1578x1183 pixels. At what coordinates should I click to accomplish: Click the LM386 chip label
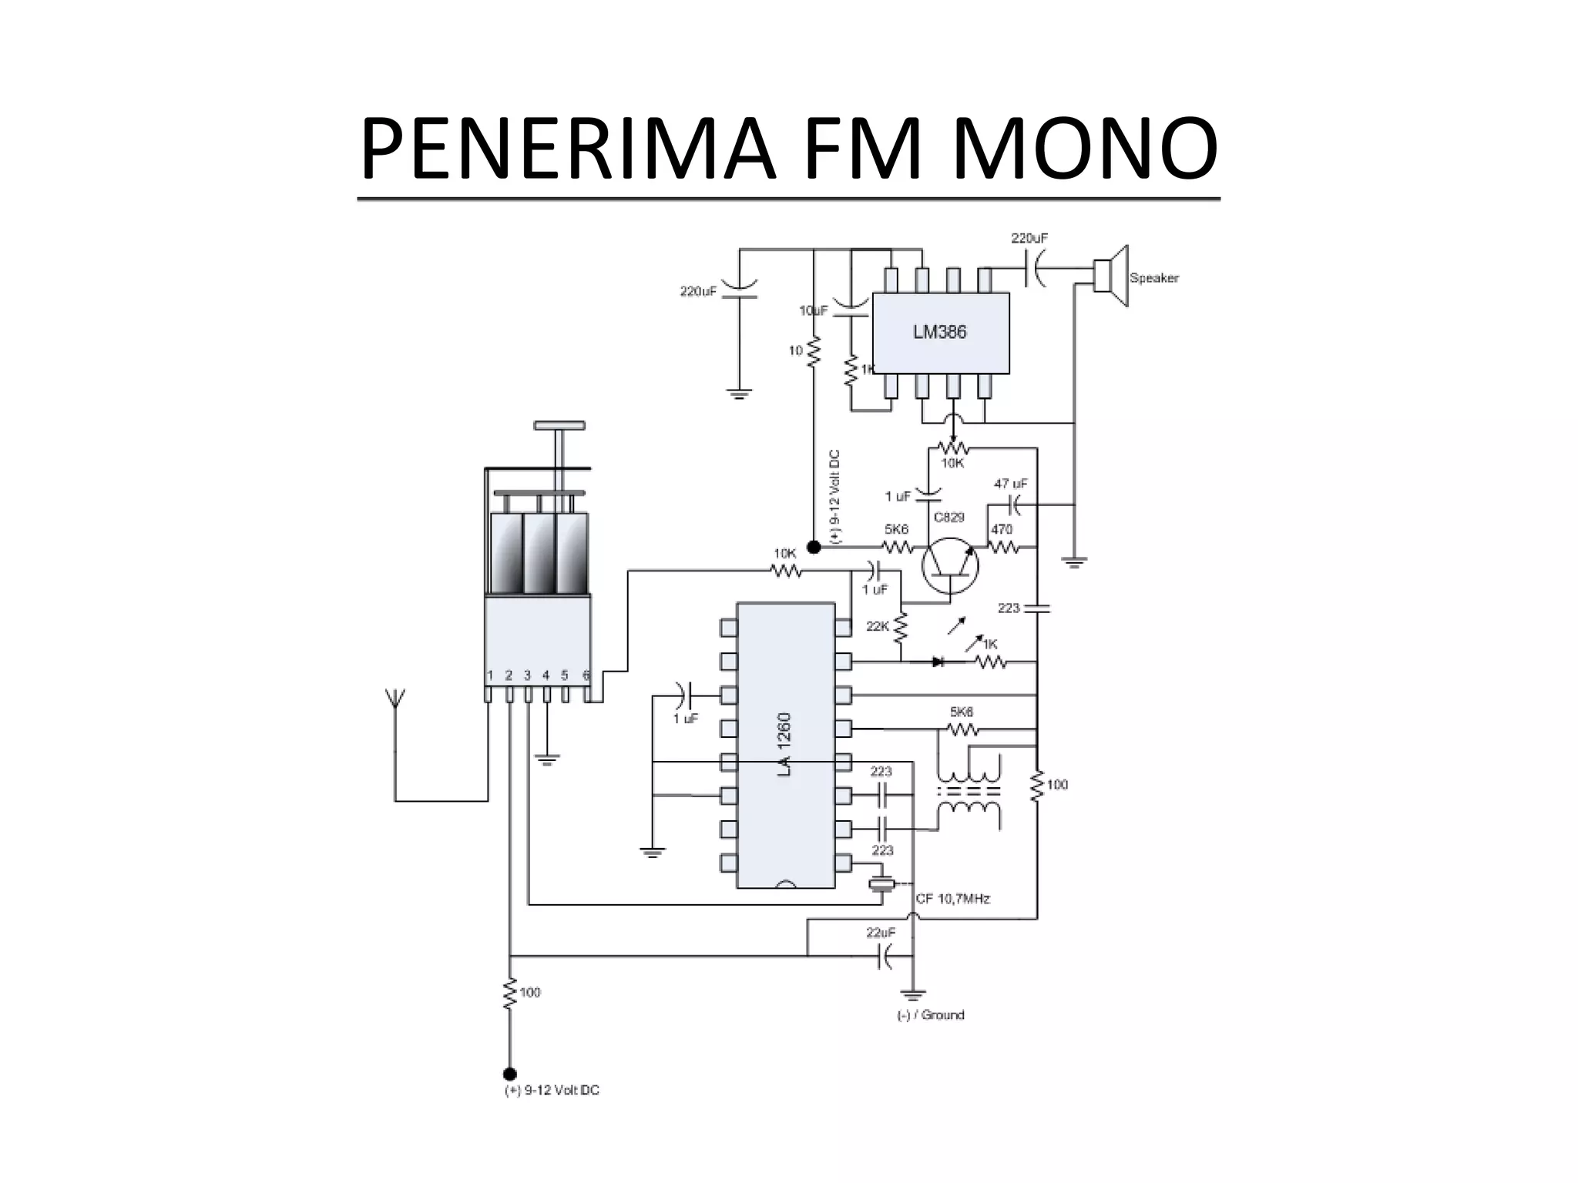pyautogui.click(x=939, y=333)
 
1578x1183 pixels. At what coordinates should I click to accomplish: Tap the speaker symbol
pyautogui.click(x=1112, y=276)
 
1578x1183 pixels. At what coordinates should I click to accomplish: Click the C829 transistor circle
pyautogui.click(x=950, y=565)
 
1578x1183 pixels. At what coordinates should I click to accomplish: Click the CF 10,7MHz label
pyautogui.click(x=952, y=899)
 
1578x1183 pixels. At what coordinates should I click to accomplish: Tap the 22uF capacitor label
pyautogui.click(x=881, y=932)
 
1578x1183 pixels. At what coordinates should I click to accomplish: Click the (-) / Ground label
pyautogui.click(x=931, y=1015)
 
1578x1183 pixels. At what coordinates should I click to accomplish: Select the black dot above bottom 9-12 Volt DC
pyautogui.click(x=509, y=1074)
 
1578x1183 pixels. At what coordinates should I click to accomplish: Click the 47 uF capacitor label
pyautogui.click(x=1011, y=484)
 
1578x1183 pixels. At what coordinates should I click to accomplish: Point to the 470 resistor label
pyautogui.click(x=1001, y=529)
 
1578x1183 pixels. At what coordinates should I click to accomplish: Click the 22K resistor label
pyautogui.click(x=878, y=627)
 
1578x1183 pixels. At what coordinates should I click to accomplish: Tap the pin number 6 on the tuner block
pyautogui.click(x=586, y=675)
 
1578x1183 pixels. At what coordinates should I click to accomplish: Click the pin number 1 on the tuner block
pyautogui.click(x=490, y=675)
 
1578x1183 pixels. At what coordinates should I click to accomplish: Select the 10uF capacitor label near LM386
pyautogui.click(x=813, y=310)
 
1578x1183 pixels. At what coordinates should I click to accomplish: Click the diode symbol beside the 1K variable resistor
pyautogui.click(x=938, y=661)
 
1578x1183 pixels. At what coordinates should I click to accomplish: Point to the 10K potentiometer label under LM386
pyautogui.click(x=952, y=464)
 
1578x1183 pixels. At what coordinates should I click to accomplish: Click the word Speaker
pyautogui.click(x=1153, y=278)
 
